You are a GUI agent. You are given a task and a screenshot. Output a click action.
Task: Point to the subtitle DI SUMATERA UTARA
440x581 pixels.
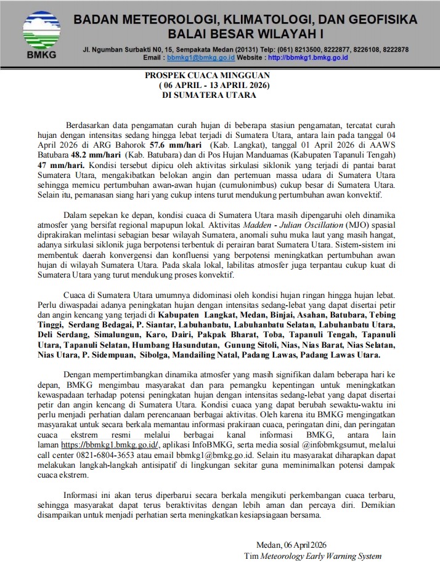(208, 95)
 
